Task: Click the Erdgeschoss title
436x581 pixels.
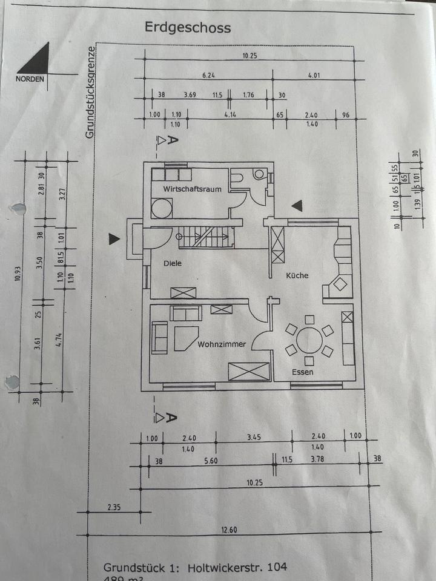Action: [187, 28]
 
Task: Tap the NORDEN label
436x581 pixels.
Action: [30, 79]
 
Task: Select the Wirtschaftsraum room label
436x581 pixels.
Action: [191, 189]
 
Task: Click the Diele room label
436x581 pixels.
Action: [172, 263]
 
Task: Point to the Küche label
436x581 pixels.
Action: [297, 275]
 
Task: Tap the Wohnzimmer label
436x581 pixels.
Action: [222, 344]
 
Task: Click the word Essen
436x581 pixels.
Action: [302, 372]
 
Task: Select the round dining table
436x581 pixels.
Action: [309, 340]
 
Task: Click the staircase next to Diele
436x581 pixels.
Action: [205, 236]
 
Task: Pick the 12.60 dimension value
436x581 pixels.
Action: [228, 530]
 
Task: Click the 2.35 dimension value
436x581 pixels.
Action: [114, 507]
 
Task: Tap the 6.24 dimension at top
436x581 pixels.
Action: [209, 76]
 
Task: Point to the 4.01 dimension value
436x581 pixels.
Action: [314, 76]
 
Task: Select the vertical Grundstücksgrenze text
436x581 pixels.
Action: [90, 92]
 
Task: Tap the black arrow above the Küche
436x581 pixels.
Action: [296, 206]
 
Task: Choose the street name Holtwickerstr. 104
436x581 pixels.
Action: [237, 568]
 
